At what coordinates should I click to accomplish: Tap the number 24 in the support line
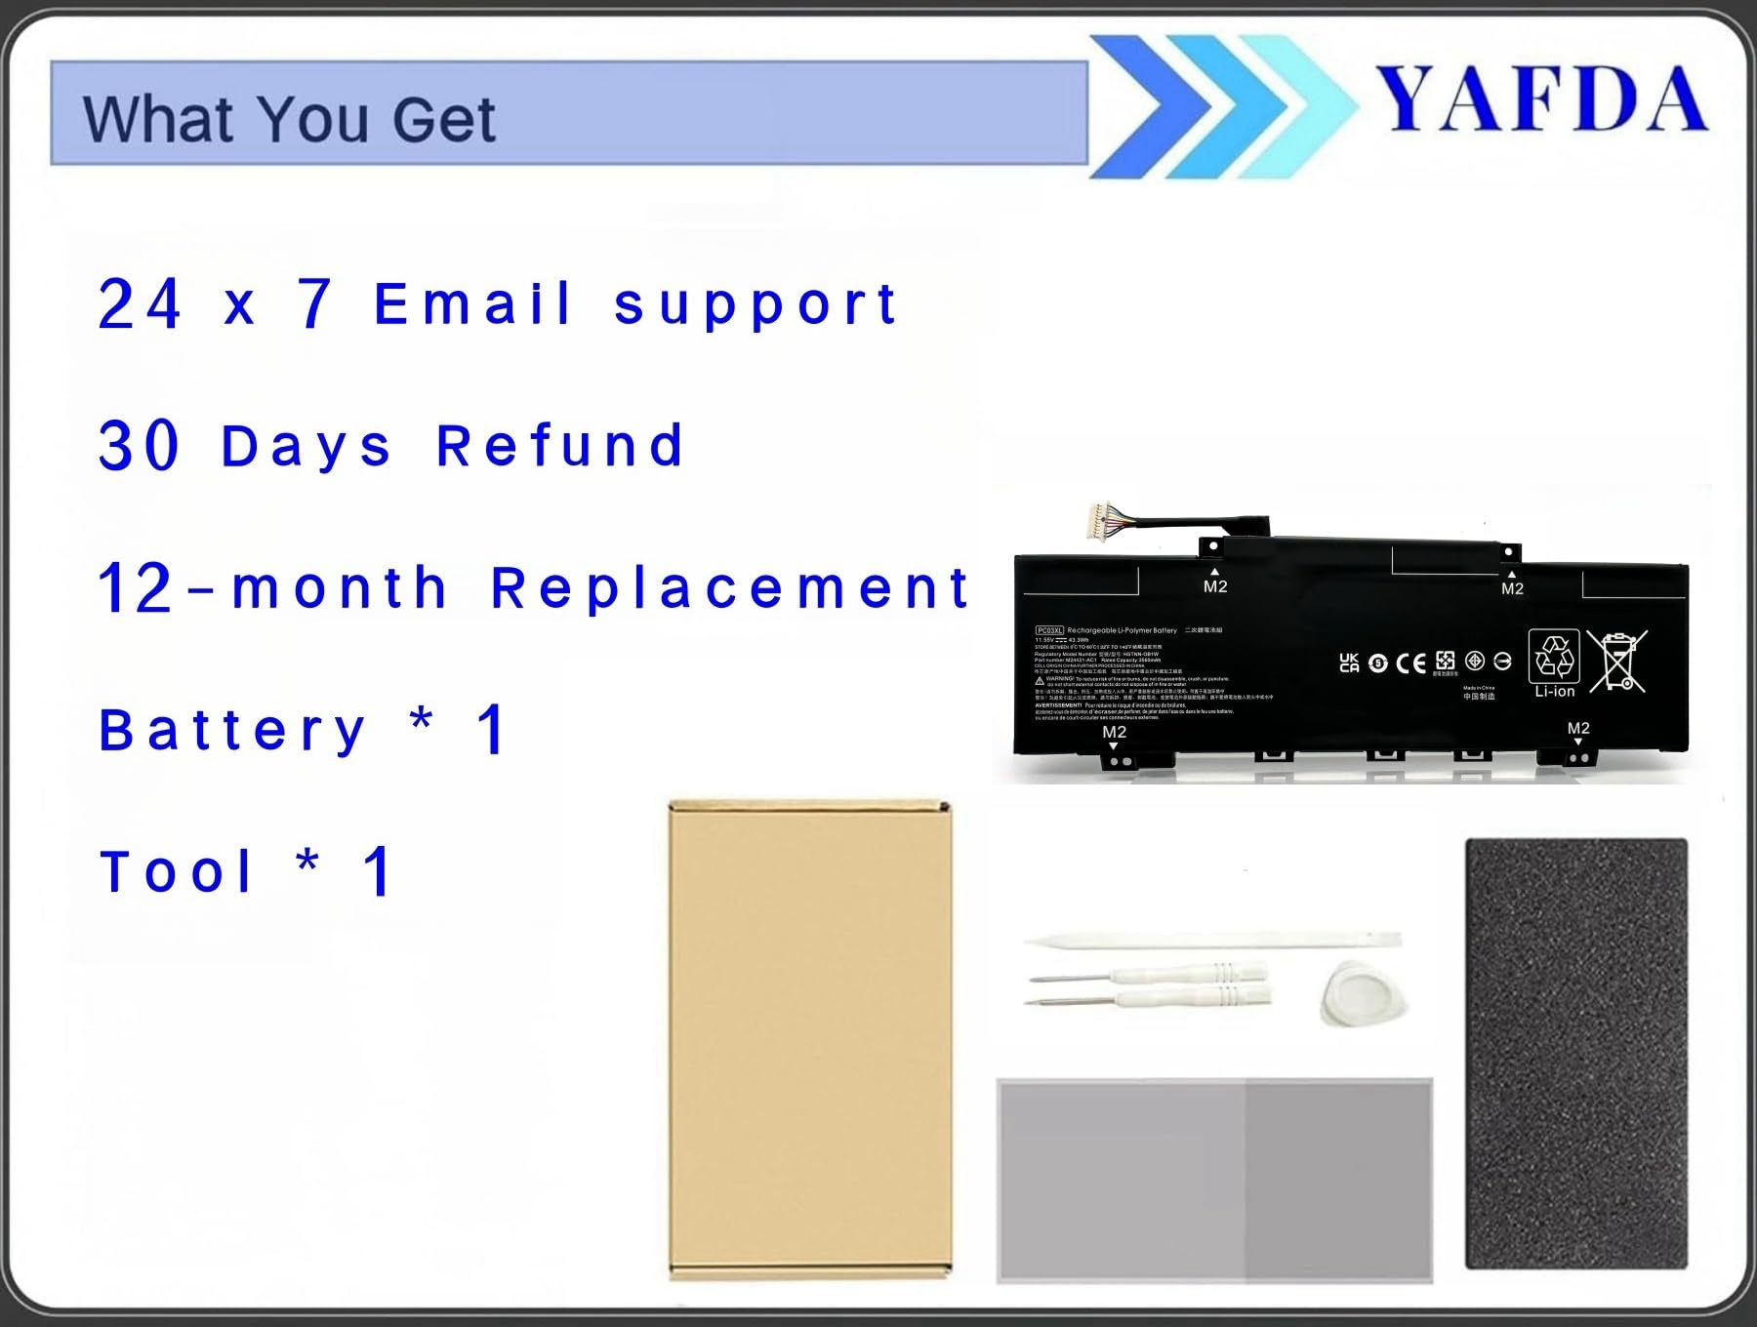click(140, 304)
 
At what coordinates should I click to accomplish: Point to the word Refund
click(559, 447)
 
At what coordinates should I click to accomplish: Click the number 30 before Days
click(139, 447)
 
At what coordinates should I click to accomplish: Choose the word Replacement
click(729, 588)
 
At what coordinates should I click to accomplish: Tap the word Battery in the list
click(232, 731)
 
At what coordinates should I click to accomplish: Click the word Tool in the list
click(177, 872)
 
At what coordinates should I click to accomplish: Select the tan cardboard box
click(809, 1040)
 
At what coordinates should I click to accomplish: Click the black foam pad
click(1575, 1054)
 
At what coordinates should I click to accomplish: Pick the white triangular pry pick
click(1363, 992)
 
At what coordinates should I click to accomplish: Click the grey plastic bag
click(1213, 1179)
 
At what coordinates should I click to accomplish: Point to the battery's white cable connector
click(1101, 517)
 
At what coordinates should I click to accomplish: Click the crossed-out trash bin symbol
click(1617, 662)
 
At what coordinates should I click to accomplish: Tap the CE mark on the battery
click(1410, 663)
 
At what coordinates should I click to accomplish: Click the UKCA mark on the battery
click(1349, 663)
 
